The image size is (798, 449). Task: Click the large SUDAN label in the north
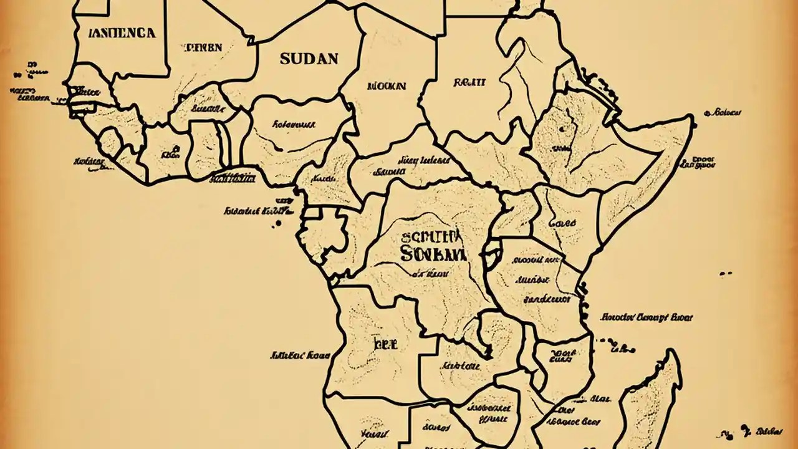pyautogui.click(x=309, y=59)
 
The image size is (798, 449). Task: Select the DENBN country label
pyautogui.click(x=203, y=47)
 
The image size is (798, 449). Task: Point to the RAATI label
pyautogui.click(x=469, y=81)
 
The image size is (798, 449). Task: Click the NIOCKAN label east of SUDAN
pyautogui.click(x=387, y=86)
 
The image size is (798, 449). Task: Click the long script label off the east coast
pyautogui.click(x=647, y=317)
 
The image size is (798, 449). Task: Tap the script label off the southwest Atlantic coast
pyautogui.click(x=299, y=356)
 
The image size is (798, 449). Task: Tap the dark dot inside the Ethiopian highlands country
pyautogui.click(x=562, y=130)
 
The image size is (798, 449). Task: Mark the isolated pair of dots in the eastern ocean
pyautogui.click(x=726, y=274)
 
